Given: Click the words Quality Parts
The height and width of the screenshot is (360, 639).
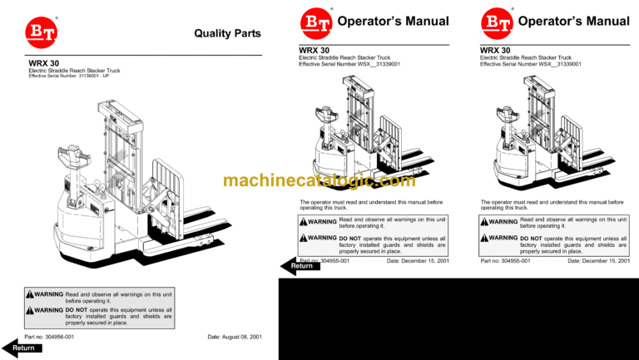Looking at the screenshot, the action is click(x=227, y=34).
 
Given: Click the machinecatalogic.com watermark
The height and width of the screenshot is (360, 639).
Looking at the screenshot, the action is click(x=319, y=181).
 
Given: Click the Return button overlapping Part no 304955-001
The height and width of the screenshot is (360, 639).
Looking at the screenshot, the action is click(x=302, y=266).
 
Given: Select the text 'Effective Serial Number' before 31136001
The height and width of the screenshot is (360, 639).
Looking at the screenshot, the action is click(x=52, y=76).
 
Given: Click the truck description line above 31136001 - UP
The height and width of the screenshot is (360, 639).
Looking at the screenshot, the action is click(x=74, y=71).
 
